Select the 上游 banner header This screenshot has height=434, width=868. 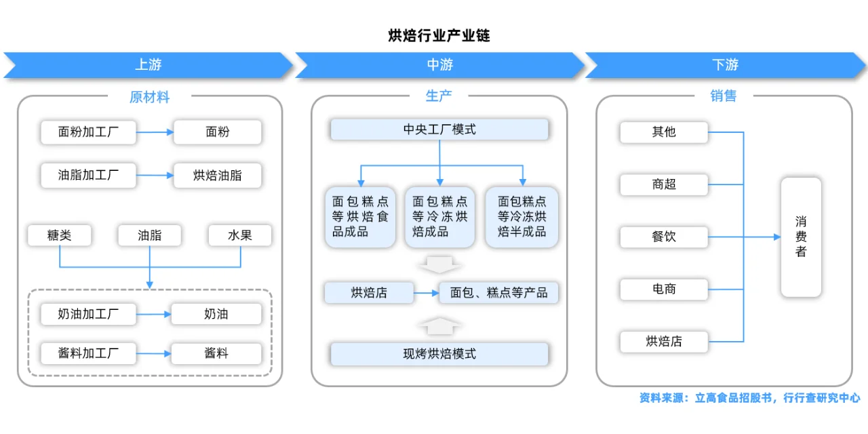tap(148, 65)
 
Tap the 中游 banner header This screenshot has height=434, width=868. tap(439, 65)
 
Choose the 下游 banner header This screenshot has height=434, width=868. tap(725, 65)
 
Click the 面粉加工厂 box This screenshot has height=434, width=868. tap(88, 132)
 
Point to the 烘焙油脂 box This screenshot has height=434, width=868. tap(217, 176)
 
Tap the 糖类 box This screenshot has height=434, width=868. tap(60, 235)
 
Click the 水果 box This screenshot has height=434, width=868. tap(240, 235)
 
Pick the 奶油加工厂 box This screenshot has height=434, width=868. tap(88, 314)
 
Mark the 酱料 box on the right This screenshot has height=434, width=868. tap(216, 353)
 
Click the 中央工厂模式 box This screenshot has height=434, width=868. tap(439, 130)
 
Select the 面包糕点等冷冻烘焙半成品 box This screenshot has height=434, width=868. tap(521, 217)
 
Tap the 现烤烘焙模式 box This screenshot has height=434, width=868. tap(439, 353)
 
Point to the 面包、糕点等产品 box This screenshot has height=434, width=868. tap(499, 293)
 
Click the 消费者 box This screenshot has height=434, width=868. tap(801, 237)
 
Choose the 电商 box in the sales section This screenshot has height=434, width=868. tap(663, 289)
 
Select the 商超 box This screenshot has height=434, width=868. tap(663, 184)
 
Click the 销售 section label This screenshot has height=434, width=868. tap(724, 96)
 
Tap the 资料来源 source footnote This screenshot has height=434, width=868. tap(749, 398)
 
